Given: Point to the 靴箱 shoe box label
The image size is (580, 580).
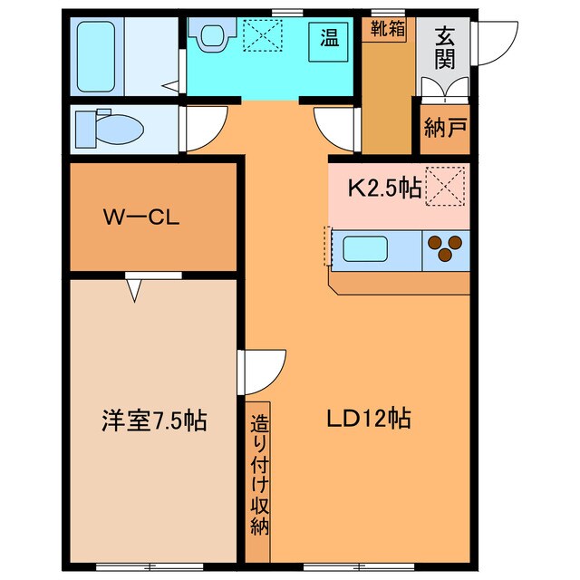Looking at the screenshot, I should pos(388,28).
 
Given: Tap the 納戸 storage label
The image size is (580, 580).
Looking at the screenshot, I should pos(445,127).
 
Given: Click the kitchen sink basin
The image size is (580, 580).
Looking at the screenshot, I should pos(365,248).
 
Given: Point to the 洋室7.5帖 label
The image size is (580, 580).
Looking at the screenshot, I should pos(153,420).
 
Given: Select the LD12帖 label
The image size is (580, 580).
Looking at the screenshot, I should pos(369,418).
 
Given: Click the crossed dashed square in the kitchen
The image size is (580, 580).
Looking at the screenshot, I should pos(445,187).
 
